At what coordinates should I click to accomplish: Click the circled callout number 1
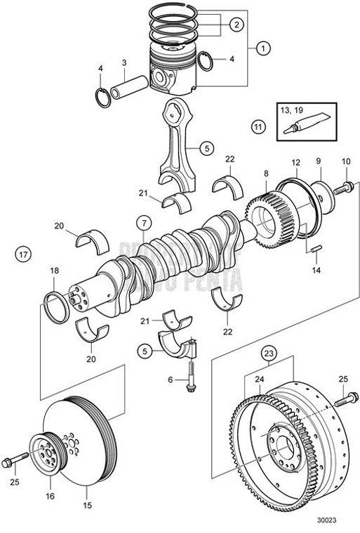click(263, 49)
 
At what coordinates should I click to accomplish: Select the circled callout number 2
click(236, 25)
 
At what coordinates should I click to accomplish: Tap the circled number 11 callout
click(259, 127)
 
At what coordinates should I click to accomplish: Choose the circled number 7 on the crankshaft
click(142, 224)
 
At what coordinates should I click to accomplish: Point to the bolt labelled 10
click(346, 189)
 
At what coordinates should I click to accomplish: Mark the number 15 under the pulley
click(88, 504)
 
